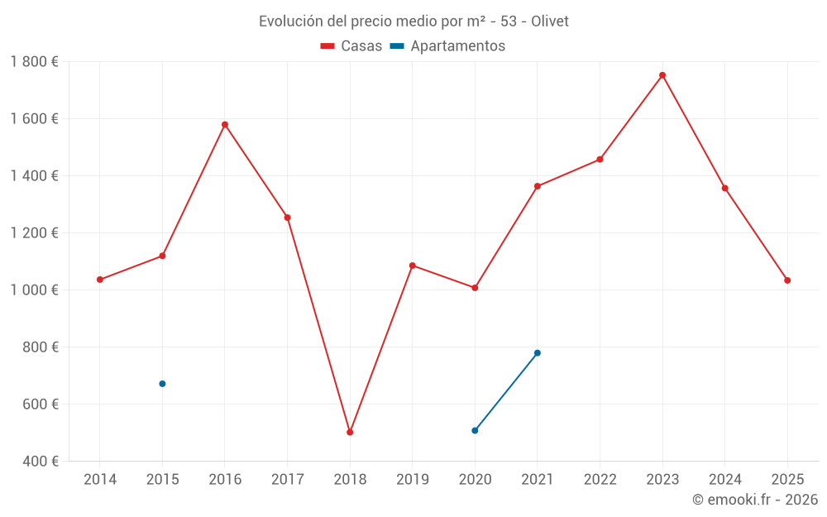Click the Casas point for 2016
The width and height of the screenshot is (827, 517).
pyautogui.click(x=225, y=125)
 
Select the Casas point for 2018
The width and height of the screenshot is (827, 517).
pyautogui.click(x=350, y=432)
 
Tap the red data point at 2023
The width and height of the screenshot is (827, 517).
pyautogui.click(x=662, y=75)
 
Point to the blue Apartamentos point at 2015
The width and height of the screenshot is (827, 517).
pyautogui.click(x=162, y=384)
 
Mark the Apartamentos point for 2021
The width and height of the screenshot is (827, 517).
pyautogui.click(x=538, y=353)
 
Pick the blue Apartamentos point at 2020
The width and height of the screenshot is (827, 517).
pyautogui.click(x=475, y=430)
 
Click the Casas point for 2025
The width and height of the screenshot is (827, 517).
pyautogui.click(x=787, y=280)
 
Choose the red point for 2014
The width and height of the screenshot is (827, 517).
pyautogui.click(x=100, y=280)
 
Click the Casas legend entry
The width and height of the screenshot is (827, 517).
pyautogui.click(x=351, y=46)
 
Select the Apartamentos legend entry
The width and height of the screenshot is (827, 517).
pyautogui.click(x=447, y=46)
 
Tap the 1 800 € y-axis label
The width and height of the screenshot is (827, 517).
pyautogui.click(x=34, y=62)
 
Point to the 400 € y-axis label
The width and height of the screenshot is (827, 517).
pyautogui.click(x=40, y=462)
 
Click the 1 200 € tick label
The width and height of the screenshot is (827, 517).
pyautogui.click(x=34, y=233)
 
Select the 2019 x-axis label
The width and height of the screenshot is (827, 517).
pyautogui.click(x=413, y=480)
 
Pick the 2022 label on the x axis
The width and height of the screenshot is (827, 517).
pyautogui.click(x=600, y=480)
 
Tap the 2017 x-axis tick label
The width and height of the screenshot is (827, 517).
pyautogui.click(x=287, y=480)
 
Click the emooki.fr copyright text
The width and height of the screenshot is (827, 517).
pyautogui.click(x=755, y=500)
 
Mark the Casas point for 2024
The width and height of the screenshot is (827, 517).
pyautogui.click(x=725, y=188)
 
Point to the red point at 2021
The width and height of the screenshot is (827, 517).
pyautogui.click(x=538, y=186)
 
